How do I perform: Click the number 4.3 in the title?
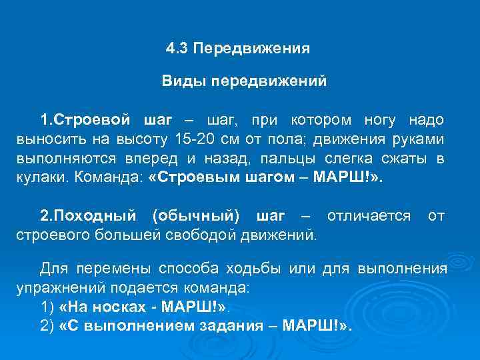177,49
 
